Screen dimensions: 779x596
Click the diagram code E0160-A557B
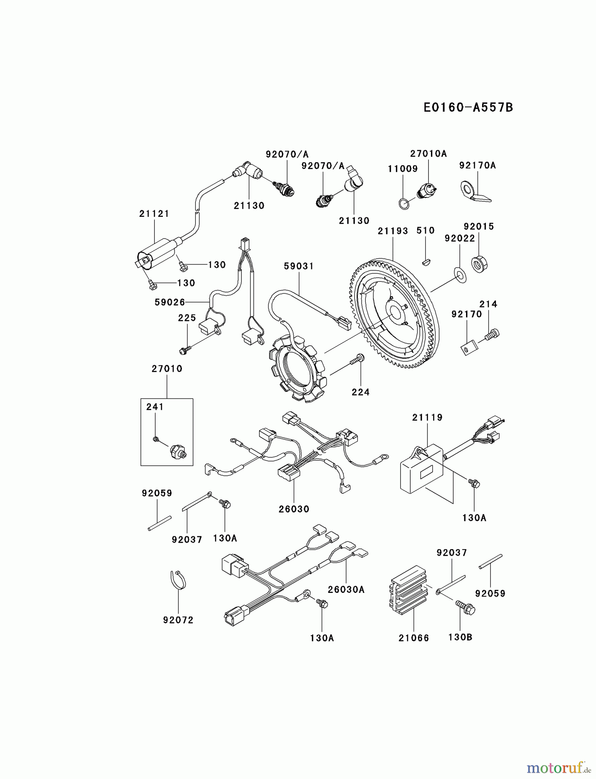point(468,107)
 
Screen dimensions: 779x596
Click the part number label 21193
point(393,231)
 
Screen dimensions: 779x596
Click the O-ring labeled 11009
point(404,203)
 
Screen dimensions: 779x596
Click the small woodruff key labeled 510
point(426,261)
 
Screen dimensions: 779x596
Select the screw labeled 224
point(359,358)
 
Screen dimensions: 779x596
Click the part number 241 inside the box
point(155,407)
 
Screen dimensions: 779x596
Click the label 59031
point(299,266)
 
